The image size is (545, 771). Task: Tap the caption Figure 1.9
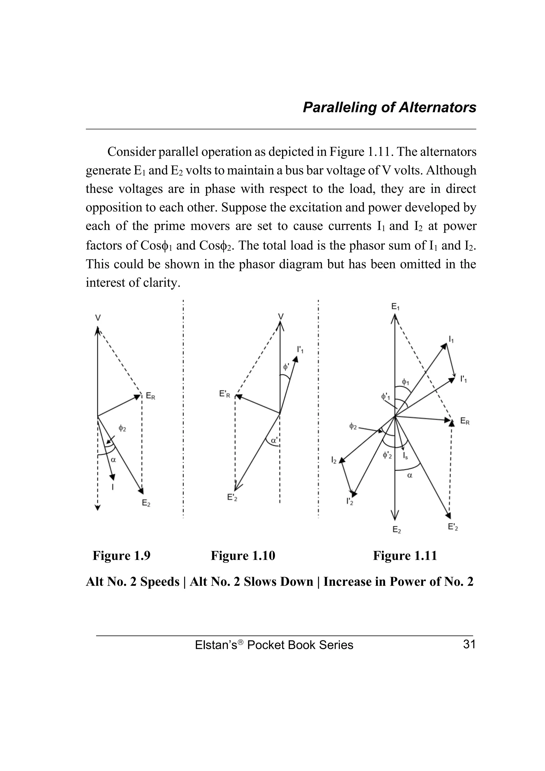point(121,556)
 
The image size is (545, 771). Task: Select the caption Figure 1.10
point(243,556)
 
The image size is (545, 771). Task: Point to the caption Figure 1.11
point(405,556)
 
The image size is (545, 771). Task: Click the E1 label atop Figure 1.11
point(395,306)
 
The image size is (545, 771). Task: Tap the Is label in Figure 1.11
point(405,456)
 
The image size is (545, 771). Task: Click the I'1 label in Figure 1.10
point(300,350)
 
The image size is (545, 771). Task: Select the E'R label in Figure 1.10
point(225,394)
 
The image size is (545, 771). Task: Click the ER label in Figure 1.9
point(150,396)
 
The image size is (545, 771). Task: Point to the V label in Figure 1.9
point(98,317)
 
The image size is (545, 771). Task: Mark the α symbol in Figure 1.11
point(410,475)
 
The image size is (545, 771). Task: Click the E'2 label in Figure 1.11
point(453,527)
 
